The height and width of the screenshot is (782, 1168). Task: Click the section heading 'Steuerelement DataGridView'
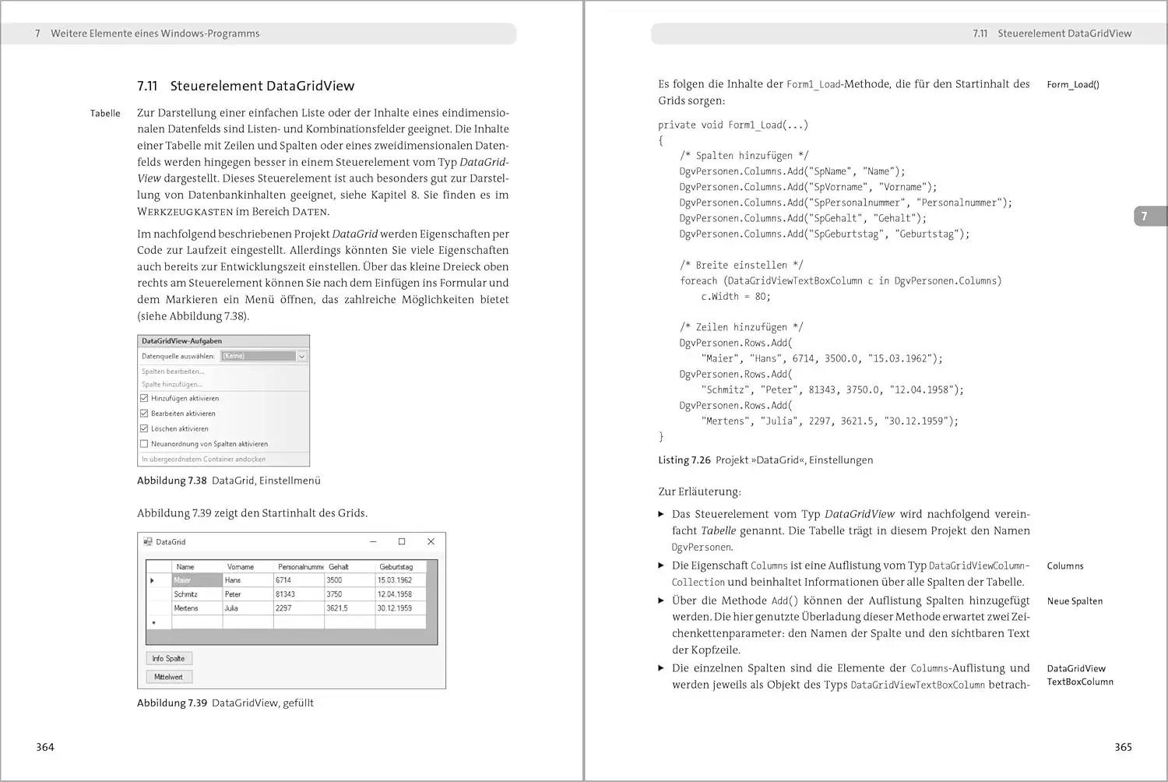tap(262, 86)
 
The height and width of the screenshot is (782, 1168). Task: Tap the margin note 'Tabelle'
tap(105, 114)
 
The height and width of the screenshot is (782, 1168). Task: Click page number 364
tap(45, 747)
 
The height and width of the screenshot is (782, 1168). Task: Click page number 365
tap(1123, 747)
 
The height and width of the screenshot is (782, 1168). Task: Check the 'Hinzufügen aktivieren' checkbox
tap(144, 398)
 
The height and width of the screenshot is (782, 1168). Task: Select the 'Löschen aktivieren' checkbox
tap(144, 428)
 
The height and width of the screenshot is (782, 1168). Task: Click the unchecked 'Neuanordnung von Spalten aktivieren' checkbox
tap(144, 444)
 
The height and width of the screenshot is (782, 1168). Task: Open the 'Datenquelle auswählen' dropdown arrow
tap(302, 356)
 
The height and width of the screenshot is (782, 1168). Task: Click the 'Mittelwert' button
tap(168, 677)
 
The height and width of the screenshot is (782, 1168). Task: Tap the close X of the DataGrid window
tap(431, 541)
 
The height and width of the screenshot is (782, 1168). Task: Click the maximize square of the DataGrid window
tap(402, 541)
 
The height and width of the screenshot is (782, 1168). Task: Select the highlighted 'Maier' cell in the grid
tap(196, 580)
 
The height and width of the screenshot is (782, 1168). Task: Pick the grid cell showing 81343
tap(297, 594)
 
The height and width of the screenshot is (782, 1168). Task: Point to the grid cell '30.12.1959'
tap(399, 608)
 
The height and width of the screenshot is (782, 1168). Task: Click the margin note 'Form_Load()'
tap(1072, 85)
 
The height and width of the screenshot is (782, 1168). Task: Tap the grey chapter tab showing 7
tap(1148, 217)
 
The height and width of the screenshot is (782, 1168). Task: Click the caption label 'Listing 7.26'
tap(684, 460)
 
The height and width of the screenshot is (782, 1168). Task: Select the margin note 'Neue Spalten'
tap(1075, 601)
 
